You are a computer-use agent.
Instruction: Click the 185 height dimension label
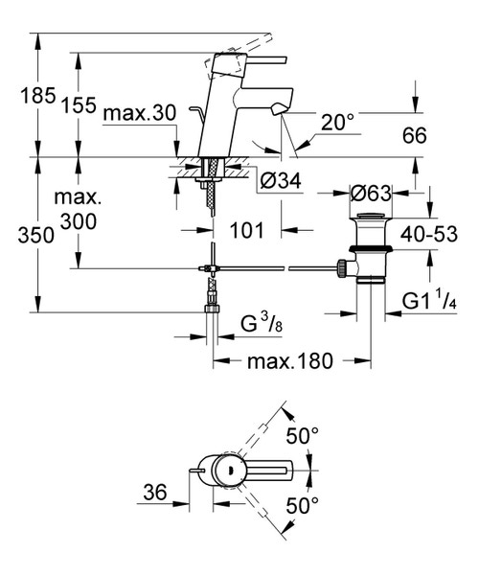click(21, 98)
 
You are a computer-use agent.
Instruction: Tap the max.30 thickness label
click(139, 114)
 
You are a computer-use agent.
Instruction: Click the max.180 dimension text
click(291, 362)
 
